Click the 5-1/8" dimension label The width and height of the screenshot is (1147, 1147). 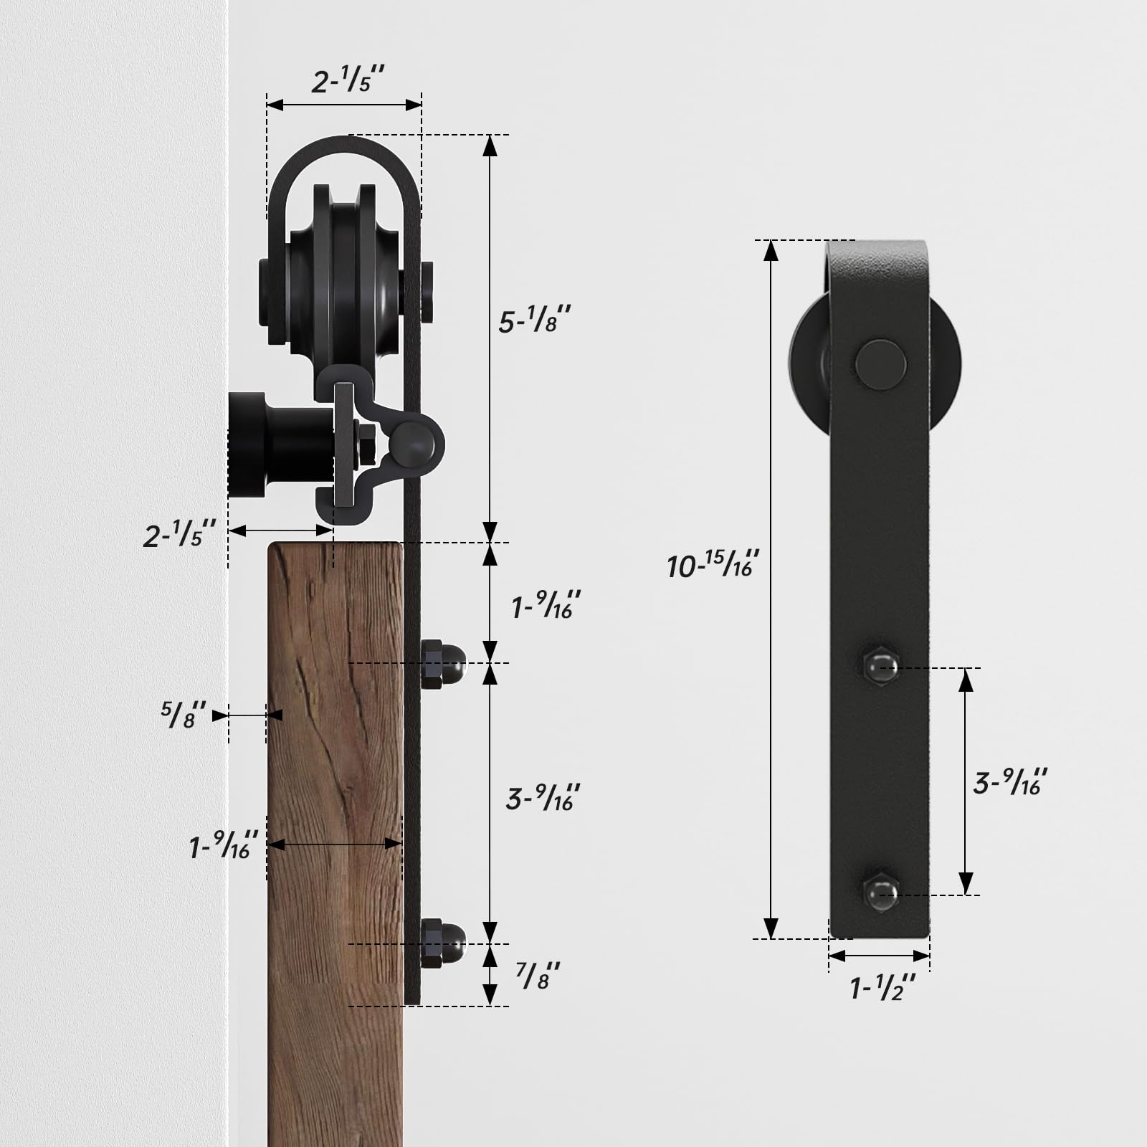point(534,320)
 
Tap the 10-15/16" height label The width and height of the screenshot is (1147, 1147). point(712,565)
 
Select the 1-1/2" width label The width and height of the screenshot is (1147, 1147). point(882,989)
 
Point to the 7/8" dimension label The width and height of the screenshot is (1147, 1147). point(538,976)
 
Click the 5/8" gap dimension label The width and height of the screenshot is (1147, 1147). point(184,715)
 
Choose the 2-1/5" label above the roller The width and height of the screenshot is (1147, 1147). point(348,80)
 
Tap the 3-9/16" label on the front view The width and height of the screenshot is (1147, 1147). point(1009,781)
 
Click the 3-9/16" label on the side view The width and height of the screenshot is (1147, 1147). point(543,798)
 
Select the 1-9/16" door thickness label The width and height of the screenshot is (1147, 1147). point(222,846)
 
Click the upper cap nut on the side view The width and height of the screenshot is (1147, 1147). point(442,663)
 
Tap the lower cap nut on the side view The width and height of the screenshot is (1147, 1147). point(442,943)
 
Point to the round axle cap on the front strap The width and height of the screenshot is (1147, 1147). point(880,365)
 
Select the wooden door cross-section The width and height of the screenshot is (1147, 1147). point(334,824)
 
